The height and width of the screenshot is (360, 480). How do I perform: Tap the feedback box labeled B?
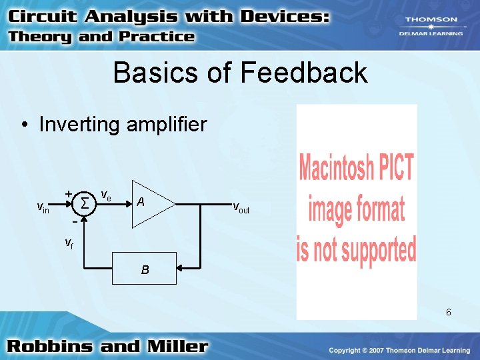point(145,269)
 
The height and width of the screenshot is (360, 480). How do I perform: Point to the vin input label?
point(42,209)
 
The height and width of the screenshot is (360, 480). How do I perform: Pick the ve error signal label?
point(105,195)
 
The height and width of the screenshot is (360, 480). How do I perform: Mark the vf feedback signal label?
point(69,243)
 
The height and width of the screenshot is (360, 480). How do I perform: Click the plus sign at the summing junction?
point(68,193)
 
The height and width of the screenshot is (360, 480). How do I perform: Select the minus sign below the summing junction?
point(73,221)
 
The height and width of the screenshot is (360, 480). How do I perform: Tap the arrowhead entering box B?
point(181,269)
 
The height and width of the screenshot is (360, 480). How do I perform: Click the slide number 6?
point(449,312)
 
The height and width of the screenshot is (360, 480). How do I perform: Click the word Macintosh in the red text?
point(339,167)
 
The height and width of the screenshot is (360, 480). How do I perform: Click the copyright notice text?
point(399,350)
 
